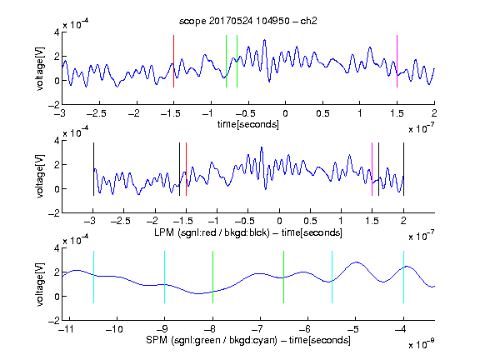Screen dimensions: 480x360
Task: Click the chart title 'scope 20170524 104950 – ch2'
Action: tap(248, 21)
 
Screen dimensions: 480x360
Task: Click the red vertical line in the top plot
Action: tap(173, 61)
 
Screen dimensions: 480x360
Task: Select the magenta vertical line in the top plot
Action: tap(397, 61)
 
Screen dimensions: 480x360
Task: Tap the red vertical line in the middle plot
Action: tap(186, 169)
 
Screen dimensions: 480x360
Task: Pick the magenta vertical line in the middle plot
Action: tap(372, 169)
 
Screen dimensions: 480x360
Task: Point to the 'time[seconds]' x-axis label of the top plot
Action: tap(248, 124)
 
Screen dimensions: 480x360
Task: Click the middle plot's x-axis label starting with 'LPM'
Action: tap(248, 232)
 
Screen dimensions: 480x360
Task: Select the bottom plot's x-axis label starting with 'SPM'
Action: tap(248, 340)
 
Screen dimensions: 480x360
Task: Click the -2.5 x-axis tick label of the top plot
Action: tap(97, 114)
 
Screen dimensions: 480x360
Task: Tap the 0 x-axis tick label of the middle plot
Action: tap(279, 221)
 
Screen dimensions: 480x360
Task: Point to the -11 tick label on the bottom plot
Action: tap(67, 329)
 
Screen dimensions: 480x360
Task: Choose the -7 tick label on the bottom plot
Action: tap(260, 329)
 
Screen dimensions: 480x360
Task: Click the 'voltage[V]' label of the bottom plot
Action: tap(40, 284)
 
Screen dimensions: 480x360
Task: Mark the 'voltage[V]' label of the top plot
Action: tap(40, 68)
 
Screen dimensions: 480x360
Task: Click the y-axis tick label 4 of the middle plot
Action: tap(57, 141)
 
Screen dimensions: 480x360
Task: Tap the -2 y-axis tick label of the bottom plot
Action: tap(54, 321)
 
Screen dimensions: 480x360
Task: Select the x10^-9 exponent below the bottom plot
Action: tap(422, 343)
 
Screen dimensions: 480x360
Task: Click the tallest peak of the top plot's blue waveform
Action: tap(264, 40)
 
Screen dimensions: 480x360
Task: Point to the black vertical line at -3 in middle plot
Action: tap(93, 169)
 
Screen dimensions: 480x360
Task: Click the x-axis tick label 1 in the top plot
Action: tap(360, 114)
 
